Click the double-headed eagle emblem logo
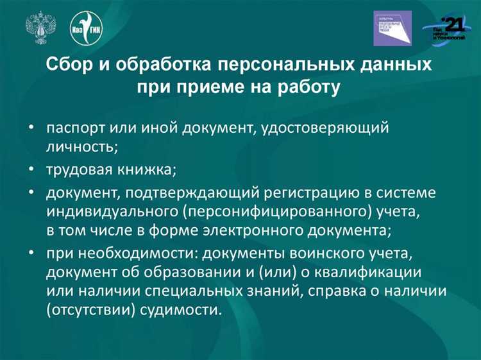(39, 28)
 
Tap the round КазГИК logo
(87, 28)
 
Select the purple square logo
(392, 28)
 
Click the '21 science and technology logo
(447, 29)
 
